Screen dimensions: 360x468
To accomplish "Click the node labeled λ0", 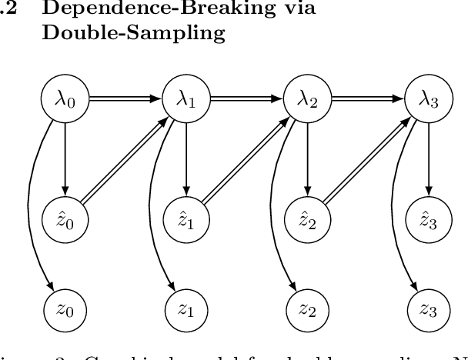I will [x=65, y=99].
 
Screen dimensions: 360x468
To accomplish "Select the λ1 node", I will [x=186, y=99].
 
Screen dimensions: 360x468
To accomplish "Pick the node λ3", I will [x=429, y=99].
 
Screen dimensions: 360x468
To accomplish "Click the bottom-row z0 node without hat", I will [x=65, y=310].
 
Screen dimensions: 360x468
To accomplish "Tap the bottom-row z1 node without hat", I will [x=186, y=310].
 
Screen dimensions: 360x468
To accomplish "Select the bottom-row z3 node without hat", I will [x=429, y=310].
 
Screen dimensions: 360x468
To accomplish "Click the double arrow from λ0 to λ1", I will [x=125, y=99].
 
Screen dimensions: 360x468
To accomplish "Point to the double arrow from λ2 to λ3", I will [x=368, y=99].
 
